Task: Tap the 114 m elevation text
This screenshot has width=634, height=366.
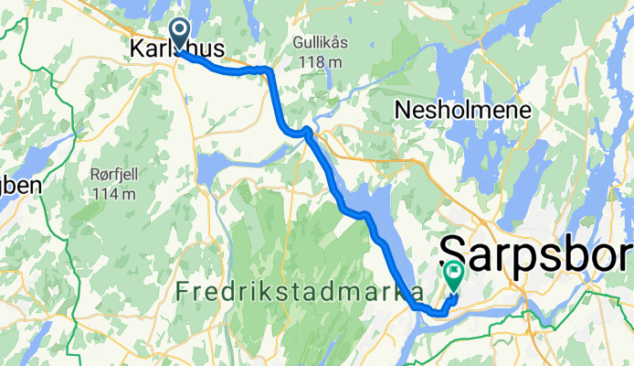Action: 114,194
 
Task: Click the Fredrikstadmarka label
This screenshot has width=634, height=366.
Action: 299,292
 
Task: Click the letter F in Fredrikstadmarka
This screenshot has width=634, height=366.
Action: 180,292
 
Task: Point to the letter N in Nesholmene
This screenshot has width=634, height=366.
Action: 403,111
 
